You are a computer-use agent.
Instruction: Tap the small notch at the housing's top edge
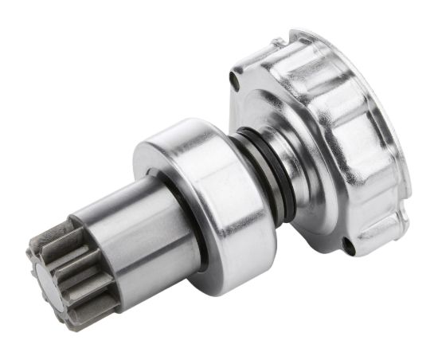pyautogui.click(x=277, y=41)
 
